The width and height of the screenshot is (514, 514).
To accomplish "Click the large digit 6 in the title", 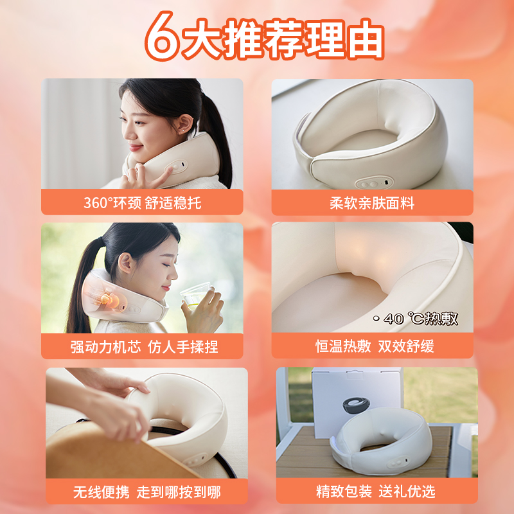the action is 162,37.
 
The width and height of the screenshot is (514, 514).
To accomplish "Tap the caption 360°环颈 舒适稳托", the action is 142,203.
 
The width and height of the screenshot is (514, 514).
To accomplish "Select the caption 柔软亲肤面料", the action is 372,203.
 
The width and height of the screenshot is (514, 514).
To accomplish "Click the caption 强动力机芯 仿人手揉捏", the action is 144,347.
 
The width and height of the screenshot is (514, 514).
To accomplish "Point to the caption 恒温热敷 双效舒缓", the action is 375,346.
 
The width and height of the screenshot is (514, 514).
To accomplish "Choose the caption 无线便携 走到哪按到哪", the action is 147,492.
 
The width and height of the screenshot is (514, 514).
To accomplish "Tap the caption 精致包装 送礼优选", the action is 376,492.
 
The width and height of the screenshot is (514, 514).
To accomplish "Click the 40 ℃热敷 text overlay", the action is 416,318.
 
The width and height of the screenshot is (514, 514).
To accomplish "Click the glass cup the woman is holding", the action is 197,296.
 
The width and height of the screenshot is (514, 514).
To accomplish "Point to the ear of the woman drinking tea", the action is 125,262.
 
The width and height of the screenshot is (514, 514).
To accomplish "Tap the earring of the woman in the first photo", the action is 182,130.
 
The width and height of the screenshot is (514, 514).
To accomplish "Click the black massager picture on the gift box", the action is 357,405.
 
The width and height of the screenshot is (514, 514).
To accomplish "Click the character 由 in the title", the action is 366,39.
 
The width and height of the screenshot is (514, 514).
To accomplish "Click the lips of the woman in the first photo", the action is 135,148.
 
